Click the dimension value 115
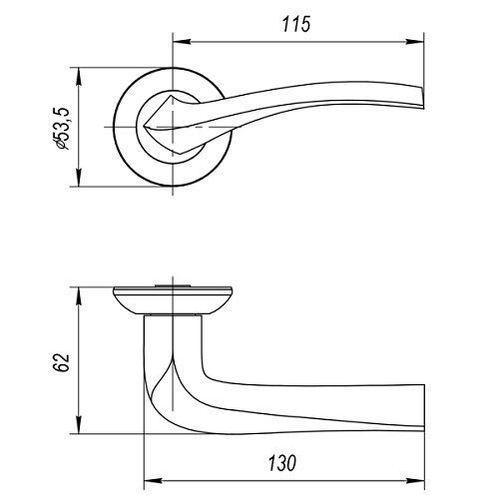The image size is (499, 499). point(296,24)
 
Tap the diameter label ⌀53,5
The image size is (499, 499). point(61,129)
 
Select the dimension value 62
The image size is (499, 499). point(61,362)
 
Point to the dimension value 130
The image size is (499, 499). point(281,463)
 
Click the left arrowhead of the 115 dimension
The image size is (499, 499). point(182,42)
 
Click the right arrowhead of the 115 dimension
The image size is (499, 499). point(415,42)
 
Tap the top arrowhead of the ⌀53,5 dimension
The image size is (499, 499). point(79,76)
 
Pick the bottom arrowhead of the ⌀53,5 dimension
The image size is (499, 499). point(79,178)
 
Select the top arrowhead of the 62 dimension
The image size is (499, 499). point(79,296)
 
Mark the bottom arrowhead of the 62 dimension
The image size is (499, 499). point(79,425)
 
